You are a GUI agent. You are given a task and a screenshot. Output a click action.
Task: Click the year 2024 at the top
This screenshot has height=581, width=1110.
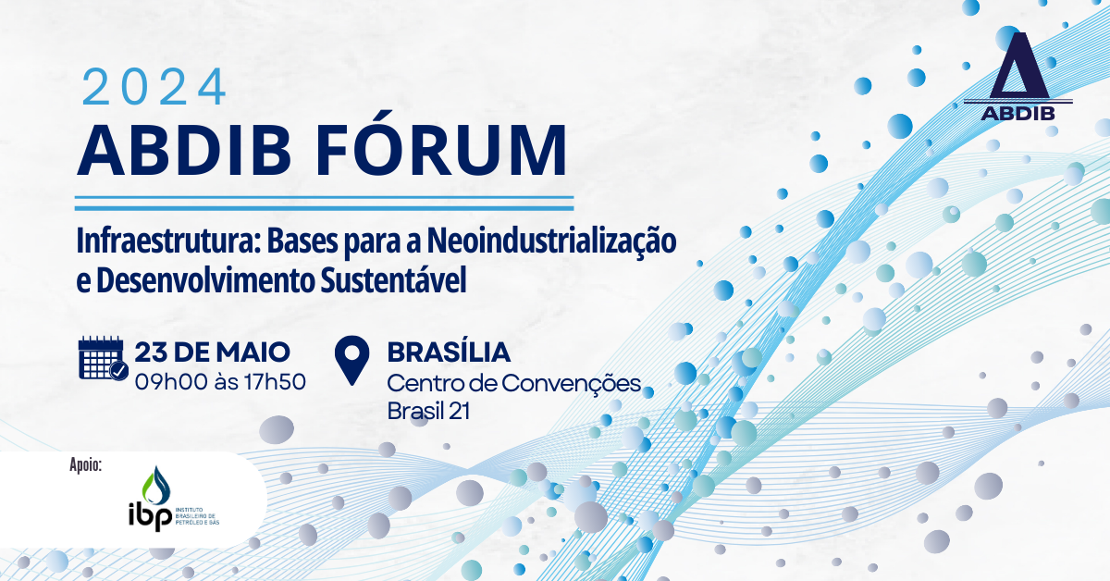154,87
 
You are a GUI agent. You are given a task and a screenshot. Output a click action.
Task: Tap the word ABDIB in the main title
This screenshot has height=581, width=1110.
184,150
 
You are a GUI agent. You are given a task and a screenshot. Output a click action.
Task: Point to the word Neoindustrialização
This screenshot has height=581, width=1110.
551,241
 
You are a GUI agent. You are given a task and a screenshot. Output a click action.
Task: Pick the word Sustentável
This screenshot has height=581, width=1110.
393,280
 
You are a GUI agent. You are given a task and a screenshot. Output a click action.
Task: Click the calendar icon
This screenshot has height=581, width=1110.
103,358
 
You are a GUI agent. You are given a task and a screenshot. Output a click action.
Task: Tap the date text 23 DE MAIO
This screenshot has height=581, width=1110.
212,352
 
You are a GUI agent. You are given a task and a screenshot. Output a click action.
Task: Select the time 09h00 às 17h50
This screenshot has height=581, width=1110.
220,382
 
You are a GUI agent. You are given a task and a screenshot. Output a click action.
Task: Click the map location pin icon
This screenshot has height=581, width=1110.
351,361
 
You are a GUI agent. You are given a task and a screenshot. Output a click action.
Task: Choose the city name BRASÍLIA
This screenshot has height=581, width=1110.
449,352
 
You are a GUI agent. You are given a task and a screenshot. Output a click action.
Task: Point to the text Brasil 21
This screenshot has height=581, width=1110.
428,411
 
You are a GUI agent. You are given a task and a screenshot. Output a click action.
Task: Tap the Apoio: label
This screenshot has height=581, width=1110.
86,465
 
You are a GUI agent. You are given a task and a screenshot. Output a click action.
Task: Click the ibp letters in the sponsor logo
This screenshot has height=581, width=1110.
150,517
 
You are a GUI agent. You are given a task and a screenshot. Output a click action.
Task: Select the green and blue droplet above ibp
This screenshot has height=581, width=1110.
155,486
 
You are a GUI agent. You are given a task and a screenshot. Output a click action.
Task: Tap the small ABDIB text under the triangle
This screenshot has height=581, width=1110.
1018,114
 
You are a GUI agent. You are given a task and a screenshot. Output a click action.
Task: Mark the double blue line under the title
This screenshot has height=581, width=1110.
324,204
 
